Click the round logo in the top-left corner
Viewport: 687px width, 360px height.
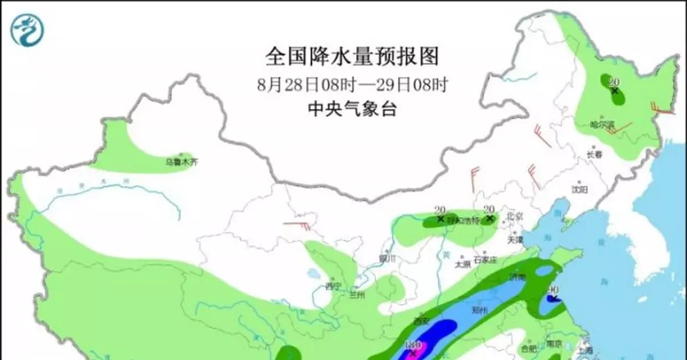[x=27, y=30]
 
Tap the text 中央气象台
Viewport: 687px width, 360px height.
[x=352, y=109]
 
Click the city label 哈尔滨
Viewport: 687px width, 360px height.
[x=602, y=124]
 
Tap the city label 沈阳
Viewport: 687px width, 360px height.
[x=579, y=189]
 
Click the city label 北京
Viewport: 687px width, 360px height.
[x=515, y=217]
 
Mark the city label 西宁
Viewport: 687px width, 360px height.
[x=333, y=286]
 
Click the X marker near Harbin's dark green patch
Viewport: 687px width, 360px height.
[x=614, y=90]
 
